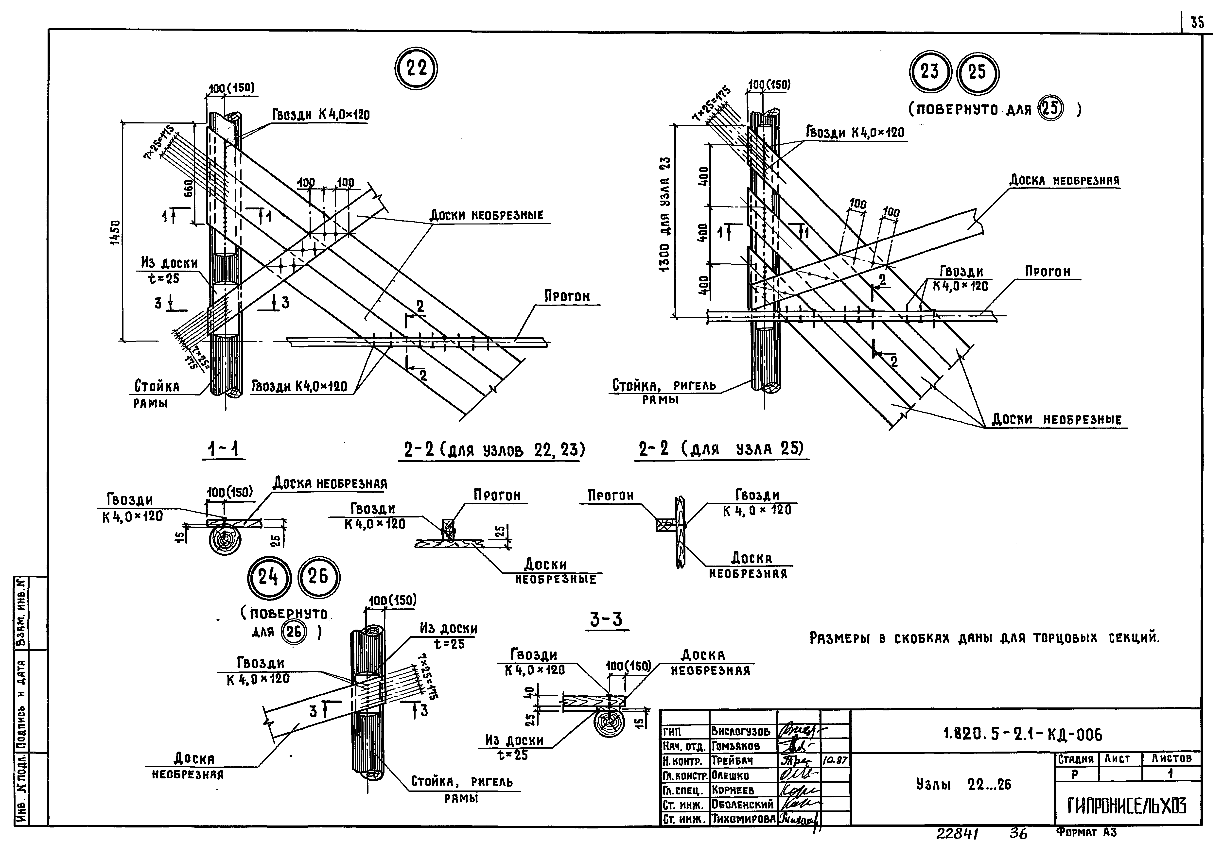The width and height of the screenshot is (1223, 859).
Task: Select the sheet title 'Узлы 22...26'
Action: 963,784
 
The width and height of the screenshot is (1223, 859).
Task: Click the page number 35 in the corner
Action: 1197,38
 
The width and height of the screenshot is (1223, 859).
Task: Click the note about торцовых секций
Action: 984,637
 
